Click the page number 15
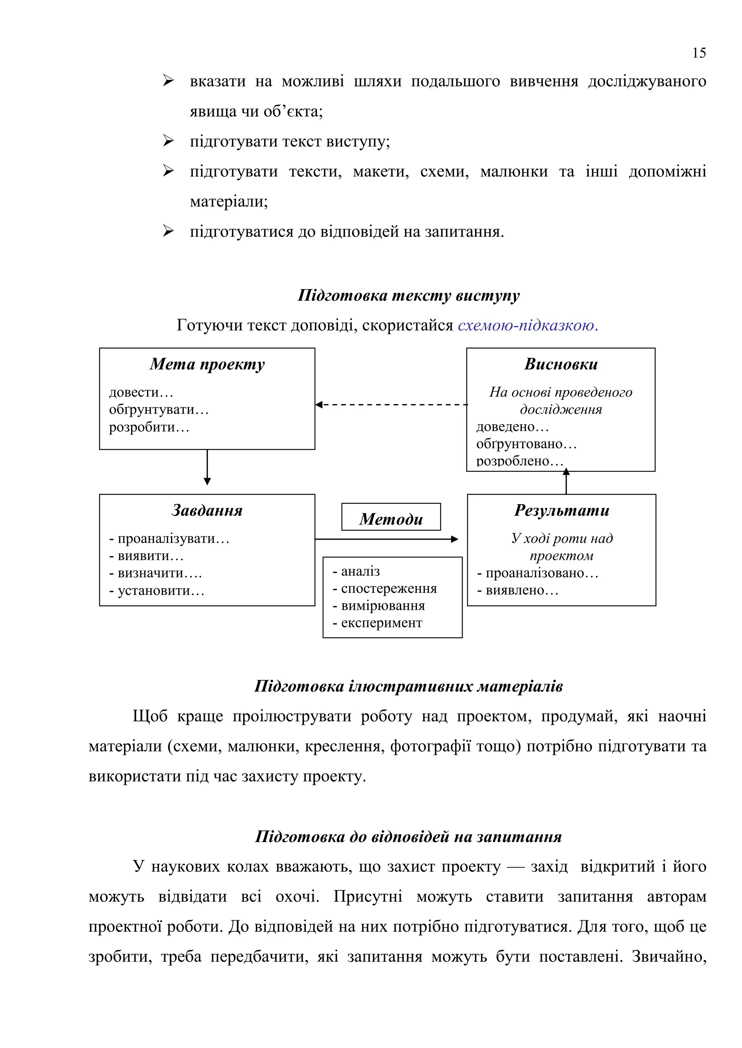(x=699, y=53)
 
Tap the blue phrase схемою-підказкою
(x=528, y=325)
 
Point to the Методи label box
(x=391, y=517)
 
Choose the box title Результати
(x=562, y=510)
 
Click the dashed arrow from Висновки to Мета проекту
(x=391, y=405)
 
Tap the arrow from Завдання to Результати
(x=387, y=539)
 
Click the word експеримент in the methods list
(x=382, y=623)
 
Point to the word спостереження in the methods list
(x=389, y=589)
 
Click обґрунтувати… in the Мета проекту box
(x=159, y=410)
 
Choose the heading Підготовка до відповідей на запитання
(x=408, y=837)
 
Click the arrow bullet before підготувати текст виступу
(x=168, y=141)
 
